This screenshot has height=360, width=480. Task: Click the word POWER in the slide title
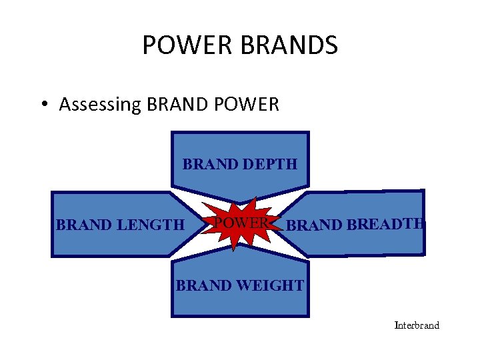pos(177,46)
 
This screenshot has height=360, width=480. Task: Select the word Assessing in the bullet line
pos(99,105)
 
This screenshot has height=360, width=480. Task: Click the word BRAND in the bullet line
pos(177,105)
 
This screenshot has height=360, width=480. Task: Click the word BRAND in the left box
pos(84,225)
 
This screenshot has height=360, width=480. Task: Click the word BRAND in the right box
pos(315,225)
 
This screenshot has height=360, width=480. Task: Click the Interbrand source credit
pos(417,325)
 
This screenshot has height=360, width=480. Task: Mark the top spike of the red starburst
pos(255,199)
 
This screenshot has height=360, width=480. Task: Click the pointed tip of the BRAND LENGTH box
pos(203,225)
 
